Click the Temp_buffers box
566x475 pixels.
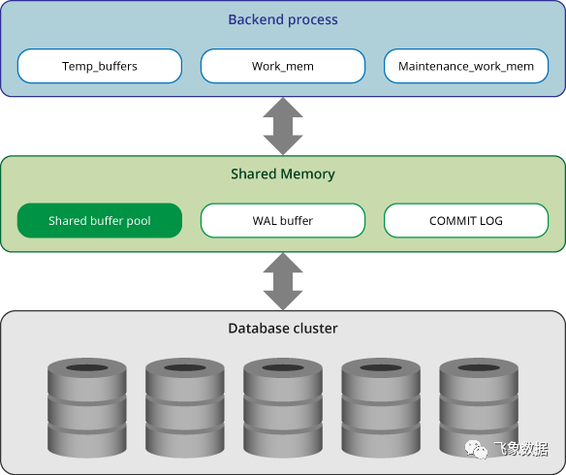coord(100,66)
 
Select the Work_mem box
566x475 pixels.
coord(283,66)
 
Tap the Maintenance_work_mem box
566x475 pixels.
coord(466,66)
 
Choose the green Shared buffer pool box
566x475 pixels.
coord(100,221)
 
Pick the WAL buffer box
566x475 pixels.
coord(283,221)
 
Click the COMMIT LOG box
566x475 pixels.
coord(466,221)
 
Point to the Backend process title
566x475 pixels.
coord(283,19)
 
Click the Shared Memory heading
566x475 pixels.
coord(283,174)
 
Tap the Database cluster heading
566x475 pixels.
coord(283,329)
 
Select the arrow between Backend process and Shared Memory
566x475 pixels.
coord(283,126)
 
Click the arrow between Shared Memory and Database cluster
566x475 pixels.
coord(283,281)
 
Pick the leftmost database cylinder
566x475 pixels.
coord(87,408)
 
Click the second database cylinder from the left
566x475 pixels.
coord(185,408)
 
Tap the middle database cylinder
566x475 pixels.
coord(283,408)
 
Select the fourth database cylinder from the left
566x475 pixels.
coord(381,408)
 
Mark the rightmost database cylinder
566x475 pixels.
coord(479,408)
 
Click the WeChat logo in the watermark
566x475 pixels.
coord(476,450)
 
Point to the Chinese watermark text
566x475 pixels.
coord(520,450)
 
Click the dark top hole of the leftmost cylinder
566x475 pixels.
coord(87,367)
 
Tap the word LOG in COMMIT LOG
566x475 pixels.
coord(491,221)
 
